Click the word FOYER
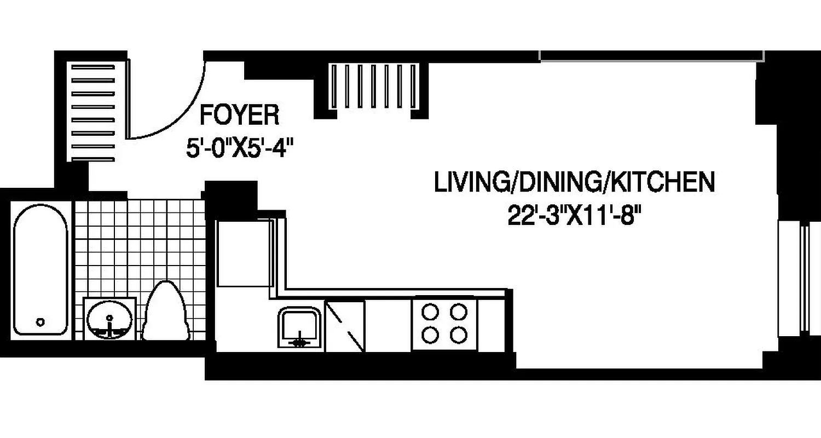(x=239, y=116)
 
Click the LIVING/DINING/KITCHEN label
(x=574, y=182)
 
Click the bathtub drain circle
(x=40, y=322)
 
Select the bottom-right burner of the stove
(x=459, y=334)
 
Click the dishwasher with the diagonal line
(x=345, y=326)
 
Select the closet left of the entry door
(x=92, y=112)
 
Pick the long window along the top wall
(x=651, y=55)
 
